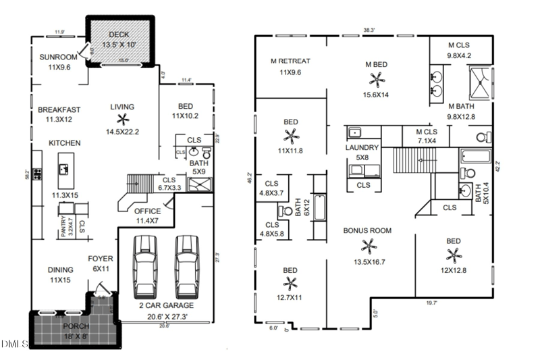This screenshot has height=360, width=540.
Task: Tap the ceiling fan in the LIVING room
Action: pyautogui.click(x=121, y=120)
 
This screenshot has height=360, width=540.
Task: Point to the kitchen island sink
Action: pyautogui.click(x=65, y=168)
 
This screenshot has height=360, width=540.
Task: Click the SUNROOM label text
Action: pyautogui.click(x=57, y=57)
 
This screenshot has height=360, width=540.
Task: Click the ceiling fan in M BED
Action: pyautogui.click(x=376, y=80)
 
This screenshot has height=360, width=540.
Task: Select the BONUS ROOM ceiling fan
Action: pyautogui.click(x=367, y=246)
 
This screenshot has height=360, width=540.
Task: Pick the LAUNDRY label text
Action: pyautogui.click(x=362, y=148)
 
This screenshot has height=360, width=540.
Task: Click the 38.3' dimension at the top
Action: pyautogui.click(x=369, y=30)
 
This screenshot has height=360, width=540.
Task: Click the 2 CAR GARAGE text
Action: pyautogui.click(x=165, y=304)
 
